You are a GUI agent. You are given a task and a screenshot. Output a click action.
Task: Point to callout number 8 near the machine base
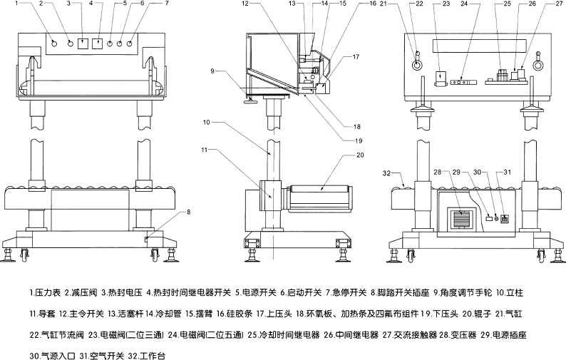[188, 212]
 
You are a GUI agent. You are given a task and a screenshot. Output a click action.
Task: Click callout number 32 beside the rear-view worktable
[386, 173]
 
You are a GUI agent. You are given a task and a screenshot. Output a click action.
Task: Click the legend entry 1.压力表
[45, 292]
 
